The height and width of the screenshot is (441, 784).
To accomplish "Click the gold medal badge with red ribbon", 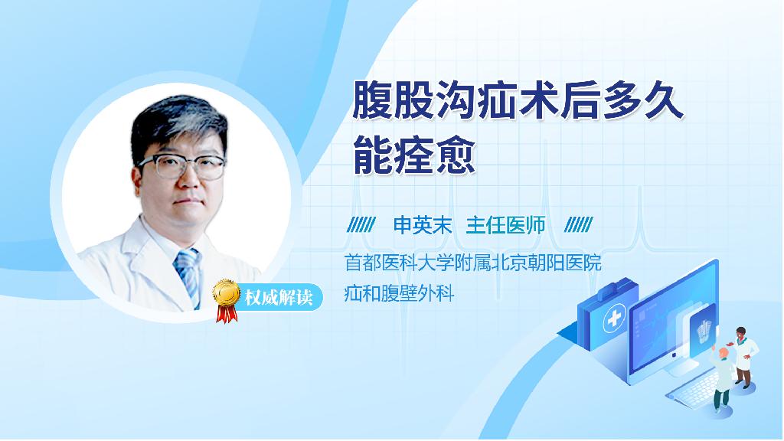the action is click(226, 300).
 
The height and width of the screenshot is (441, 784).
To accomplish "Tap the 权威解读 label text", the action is click(279, 298).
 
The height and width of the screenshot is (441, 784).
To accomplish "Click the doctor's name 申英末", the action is click(423, 226).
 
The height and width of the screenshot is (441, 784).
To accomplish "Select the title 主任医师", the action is click(505, 226).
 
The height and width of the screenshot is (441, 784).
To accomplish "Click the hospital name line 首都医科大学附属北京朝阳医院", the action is click(473, 263).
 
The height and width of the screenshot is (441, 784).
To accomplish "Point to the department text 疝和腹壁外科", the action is click(399, 293).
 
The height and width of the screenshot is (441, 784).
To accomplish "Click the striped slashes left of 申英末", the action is click(361, 225).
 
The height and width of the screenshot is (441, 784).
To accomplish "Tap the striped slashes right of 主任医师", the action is click(579, 225).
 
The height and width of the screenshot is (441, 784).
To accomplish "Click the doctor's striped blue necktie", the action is click(188, 276).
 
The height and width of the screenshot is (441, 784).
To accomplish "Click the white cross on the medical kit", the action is click(615, 318).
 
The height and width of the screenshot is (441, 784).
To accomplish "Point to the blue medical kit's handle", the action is click(612, 288).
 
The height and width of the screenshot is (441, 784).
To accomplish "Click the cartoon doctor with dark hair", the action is click(743, 357).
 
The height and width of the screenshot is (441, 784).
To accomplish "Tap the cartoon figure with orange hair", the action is click(722, 379).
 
